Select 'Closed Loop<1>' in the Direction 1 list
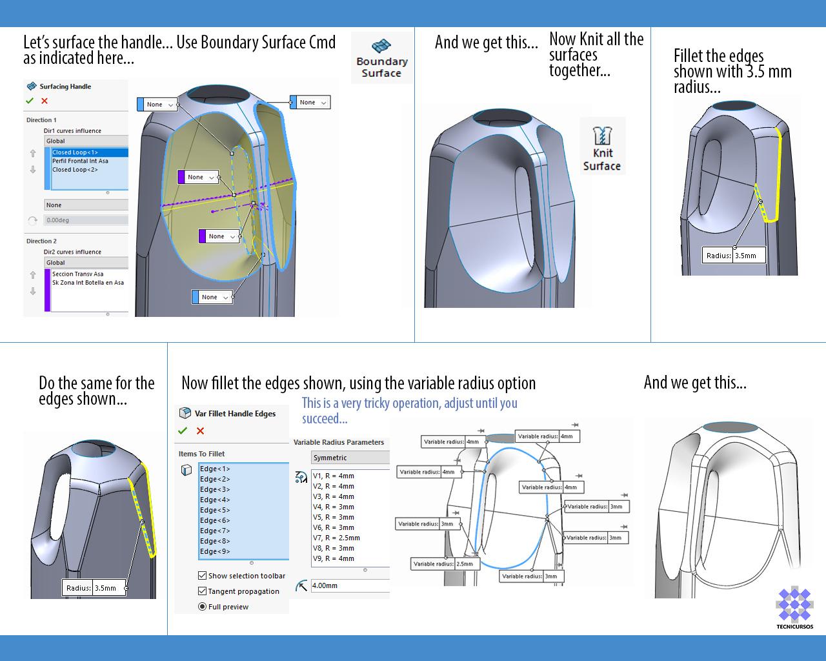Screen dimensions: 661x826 (75, 153)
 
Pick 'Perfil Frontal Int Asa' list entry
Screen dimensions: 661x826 (80, 161)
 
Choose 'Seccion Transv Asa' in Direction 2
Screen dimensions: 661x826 (77, 274)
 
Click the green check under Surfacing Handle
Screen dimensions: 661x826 (30, 101)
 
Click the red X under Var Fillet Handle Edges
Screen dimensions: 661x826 (200, 431)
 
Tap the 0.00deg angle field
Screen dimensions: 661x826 (86, 220)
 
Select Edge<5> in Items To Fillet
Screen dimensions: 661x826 (215, 510)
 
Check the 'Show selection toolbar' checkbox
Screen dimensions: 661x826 (203, 576)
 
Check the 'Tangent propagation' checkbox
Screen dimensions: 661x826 (203, 591)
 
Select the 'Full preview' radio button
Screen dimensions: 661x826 (203, 607)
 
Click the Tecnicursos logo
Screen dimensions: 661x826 (794, 605)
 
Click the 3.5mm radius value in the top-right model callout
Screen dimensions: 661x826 (749, 256)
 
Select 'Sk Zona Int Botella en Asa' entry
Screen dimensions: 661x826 (88, 283)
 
